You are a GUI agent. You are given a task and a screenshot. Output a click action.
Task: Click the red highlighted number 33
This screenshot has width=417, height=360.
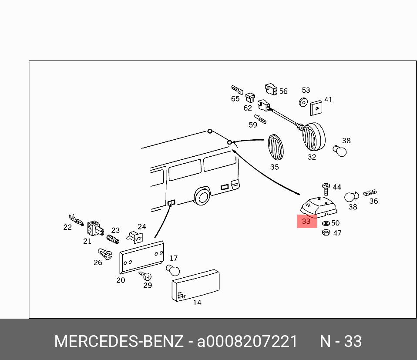(x=306, y=221)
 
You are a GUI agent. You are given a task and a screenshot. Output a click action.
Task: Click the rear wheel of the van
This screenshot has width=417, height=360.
(x=202, y=197)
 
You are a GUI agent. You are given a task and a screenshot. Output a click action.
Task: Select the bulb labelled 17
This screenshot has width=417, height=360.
(x=172, y=271)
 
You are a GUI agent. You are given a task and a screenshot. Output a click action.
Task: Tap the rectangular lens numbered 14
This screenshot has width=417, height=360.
(x=195, y=286)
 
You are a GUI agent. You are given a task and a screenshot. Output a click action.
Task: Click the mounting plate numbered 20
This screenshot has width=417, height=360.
(x=141, y=257)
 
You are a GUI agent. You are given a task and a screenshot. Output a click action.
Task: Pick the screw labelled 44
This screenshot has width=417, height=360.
(x=326, y=188)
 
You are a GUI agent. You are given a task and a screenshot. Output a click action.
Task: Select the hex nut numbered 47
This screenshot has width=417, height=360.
(x=325, y=232)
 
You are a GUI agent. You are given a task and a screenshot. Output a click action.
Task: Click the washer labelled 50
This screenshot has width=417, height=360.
(x=326, y=223)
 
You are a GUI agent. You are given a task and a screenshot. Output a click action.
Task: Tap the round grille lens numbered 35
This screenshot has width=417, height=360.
(x=275, y=147)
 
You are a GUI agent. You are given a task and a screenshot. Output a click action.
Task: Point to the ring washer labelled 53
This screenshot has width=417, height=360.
(x=303, y=103)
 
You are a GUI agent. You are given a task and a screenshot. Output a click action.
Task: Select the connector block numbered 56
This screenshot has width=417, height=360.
(x=271, y=89)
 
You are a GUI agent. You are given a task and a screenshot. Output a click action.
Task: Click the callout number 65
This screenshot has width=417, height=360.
(x=235, y=99)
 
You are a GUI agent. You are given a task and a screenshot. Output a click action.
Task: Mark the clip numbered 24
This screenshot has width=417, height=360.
(x=135, y=236)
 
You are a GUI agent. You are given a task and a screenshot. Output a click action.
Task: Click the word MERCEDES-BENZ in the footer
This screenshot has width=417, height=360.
(x=118, y=342)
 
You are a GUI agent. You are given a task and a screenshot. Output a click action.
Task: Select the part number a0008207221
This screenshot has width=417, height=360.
(x=247, y=342)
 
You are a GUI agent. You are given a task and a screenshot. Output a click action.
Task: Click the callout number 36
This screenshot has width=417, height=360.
(x=373, y=201)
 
